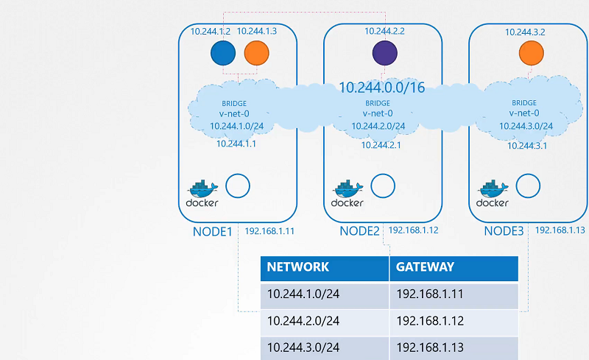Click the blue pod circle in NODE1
click(222, 53)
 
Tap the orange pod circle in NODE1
click(255, 53)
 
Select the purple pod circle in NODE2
click(384, 54)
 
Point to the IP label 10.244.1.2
click(211, 32)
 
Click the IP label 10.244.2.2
click(384, 32)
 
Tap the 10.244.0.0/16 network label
click(381, 88)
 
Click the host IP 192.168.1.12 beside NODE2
click(415, 230)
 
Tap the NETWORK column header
click(297, 267)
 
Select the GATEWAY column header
click(425, 267)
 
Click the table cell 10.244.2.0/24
click(303, 320)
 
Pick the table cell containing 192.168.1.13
click(428, 347)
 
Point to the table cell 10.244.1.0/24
click(303, 294)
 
